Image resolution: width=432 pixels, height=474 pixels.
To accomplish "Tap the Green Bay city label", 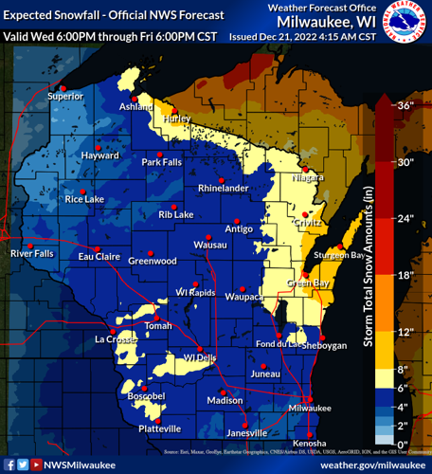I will pyautogui.click(x=308, y=283).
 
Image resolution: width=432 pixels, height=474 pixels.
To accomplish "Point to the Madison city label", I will pyautogui.click(x=225, y=401).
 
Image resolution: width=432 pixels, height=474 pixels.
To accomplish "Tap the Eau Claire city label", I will pyautogui.click(x=99, y=257).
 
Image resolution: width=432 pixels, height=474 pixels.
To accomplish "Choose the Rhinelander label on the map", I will pyautogui.click(x=223, y=189).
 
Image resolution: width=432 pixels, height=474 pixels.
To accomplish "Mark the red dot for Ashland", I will pyautogui.click(x=135, y=99).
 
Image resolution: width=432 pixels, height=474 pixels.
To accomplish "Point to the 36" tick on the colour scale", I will pyautogui.click(x=405, y=106).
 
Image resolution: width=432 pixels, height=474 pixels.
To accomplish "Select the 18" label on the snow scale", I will pyautogui.click(x=405, y=275).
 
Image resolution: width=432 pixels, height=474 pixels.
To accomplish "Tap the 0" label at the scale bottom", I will pyautogui.click(x=401, y=444).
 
